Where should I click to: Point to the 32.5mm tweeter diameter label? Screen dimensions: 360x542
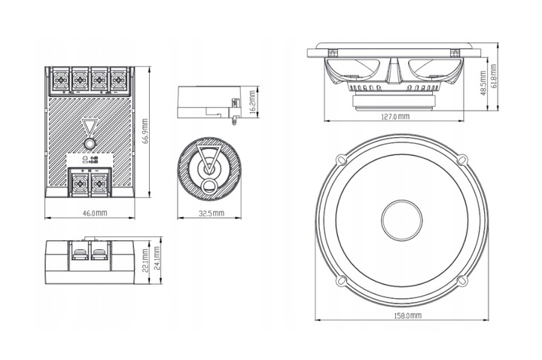tap(210, 213)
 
